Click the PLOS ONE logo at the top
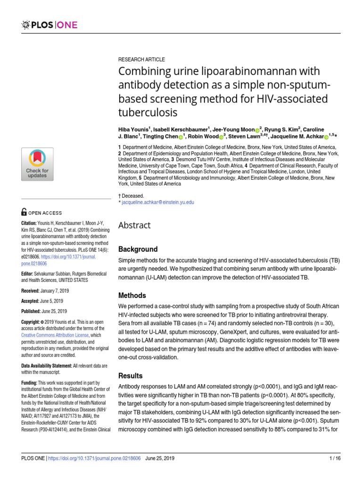coord(49,24)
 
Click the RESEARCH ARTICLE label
coord(141,60)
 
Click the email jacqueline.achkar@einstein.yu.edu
coord(158,202)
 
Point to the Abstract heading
coord(134,225)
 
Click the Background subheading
coord(138,249)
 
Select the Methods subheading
coord(132,296)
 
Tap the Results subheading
coord(130,376)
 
